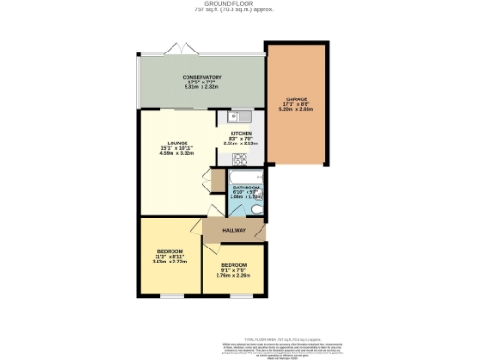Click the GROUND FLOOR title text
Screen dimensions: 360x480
239,4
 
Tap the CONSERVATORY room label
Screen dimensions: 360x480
202,77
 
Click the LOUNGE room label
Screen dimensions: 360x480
177,142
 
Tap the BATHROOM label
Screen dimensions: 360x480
247,187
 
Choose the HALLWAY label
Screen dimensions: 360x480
234,230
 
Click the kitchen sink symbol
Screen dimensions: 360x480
234,118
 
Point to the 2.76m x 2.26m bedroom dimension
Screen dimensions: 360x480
233,275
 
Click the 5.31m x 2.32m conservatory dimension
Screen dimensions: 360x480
202,87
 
